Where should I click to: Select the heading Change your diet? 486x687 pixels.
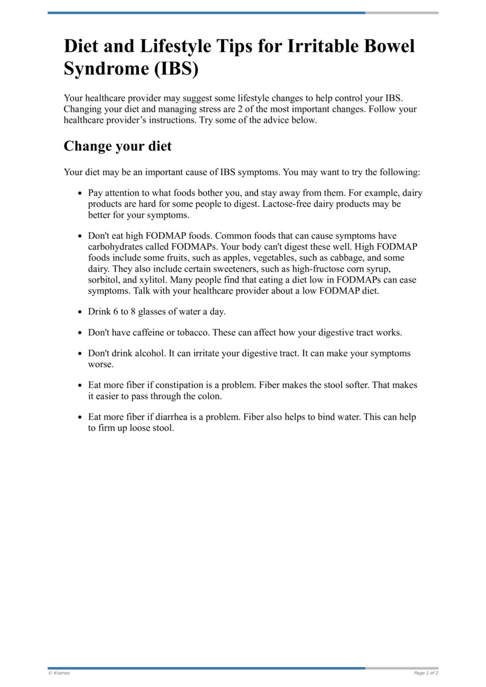click(x=118, y=147)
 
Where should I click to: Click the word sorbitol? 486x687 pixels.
click(x=105, y=280)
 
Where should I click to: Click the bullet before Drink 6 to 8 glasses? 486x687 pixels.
click(x=80, y=312)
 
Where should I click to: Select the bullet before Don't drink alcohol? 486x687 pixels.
click(x=80, y=354)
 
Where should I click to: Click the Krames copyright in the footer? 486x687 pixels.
click(x=59, y=673)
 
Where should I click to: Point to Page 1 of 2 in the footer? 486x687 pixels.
click(x=426, y=673)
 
